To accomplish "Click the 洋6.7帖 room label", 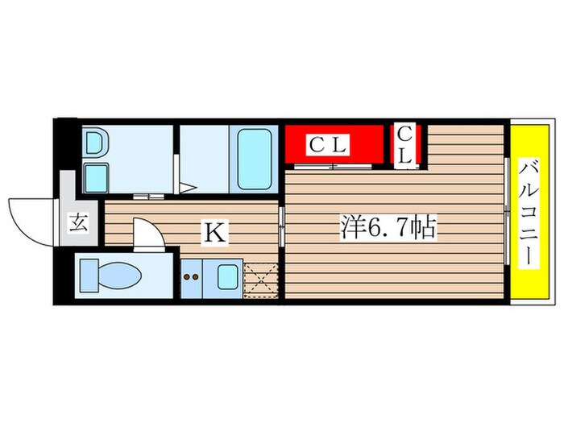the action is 389,227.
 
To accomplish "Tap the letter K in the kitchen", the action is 215,233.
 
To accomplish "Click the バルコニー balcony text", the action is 529,214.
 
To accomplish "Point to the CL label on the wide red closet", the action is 328,145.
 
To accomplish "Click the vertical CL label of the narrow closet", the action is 405,146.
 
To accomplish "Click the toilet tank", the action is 89,276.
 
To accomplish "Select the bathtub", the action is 254,160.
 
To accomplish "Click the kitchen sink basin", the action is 228,277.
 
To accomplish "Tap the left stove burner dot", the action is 187,276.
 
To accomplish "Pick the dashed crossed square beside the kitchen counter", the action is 261,280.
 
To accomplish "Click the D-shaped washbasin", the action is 95,143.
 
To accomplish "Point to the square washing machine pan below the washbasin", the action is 97,178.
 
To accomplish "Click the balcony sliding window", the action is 507,211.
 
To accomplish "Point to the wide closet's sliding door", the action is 333,166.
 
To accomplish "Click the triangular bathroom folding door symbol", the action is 186,188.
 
